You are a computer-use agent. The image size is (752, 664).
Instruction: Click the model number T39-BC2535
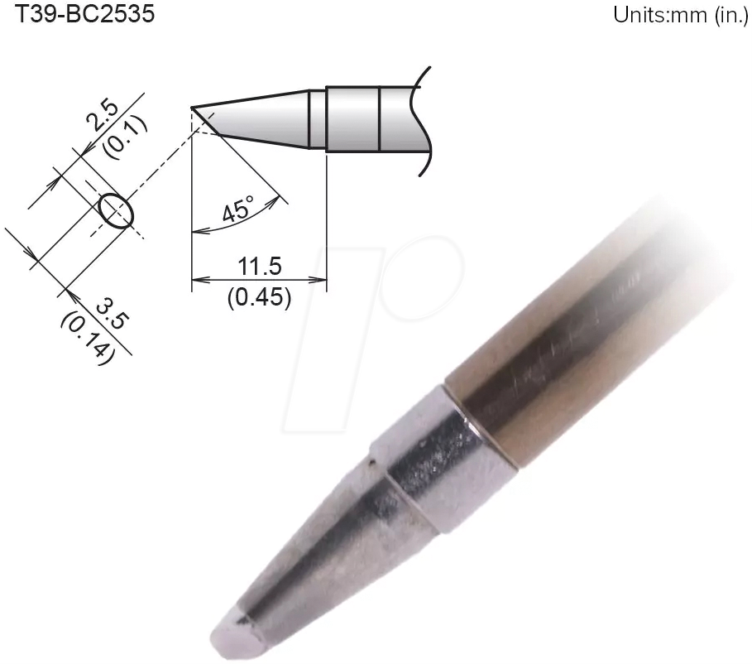[x=79, y=14]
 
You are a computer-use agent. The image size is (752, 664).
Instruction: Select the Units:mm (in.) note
[x=680, y=16]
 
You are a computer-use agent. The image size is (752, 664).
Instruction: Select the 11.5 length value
[x=259, y=267]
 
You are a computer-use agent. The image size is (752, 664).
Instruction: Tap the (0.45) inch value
[x=259, y=296]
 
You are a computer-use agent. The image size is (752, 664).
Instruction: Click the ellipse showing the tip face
[x=115, y=210]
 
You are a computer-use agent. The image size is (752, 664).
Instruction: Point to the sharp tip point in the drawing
[x=193, y=108]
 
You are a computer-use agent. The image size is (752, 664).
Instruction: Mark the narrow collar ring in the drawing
[x=318, y=118]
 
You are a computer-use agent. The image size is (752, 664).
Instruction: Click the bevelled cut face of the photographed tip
[x=240, y=633]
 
